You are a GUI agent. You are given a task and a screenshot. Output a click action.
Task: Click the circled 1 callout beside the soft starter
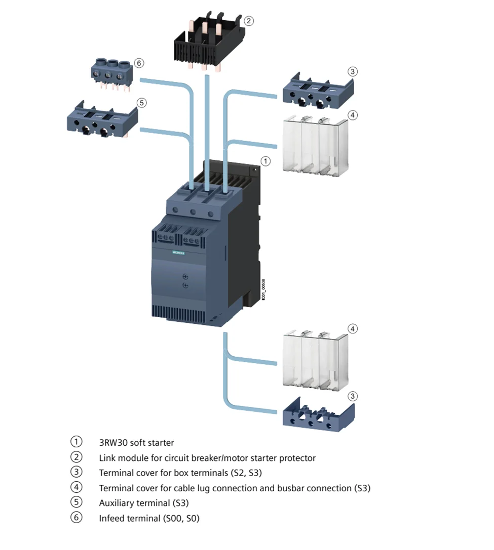[x=265, y=161]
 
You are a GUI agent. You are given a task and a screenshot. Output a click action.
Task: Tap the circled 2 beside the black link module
[x=248, y=21]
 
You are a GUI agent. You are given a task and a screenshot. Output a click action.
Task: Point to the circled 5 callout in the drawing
[x=141, y=103]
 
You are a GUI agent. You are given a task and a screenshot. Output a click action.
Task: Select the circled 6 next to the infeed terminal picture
[x=139, y=63]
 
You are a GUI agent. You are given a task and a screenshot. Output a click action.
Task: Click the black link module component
[x=209, y=45]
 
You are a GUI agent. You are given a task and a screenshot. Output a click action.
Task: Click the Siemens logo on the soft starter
[x=179, y=251]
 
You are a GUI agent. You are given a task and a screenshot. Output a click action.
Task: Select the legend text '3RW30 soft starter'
[x=136, y=443]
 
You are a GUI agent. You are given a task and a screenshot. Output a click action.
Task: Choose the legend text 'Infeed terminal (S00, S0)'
[x=149, y=519]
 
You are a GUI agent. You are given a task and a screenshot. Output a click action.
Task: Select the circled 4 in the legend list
[x=76, y=488]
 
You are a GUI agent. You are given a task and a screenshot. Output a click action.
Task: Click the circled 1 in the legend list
[x=76, y=442]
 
